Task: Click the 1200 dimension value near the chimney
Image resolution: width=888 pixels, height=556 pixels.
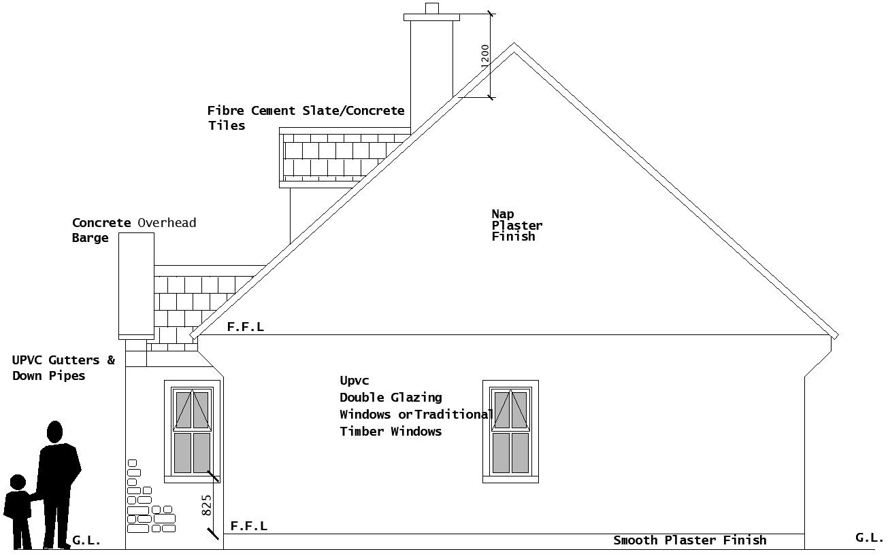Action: pos(484,55)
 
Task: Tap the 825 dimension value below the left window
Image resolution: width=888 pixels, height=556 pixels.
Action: pos(207,504)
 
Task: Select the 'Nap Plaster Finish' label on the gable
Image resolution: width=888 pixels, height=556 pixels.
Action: pos(516,225)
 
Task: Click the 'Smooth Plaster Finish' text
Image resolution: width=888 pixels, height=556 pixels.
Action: pos(689,540)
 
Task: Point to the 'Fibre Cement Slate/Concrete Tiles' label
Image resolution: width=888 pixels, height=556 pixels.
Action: pos(306,118)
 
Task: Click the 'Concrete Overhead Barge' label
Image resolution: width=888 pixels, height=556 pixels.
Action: pos(133,230)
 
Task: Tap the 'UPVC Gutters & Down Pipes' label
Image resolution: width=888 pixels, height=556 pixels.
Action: pos(63,368)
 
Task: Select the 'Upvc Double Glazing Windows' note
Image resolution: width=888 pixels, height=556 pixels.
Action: pos(415,406)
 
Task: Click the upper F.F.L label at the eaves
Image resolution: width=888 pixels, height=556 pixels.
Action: pos(245,327)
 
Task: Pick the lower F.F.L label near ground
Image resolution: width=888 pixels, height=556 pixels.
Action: pos(248,526)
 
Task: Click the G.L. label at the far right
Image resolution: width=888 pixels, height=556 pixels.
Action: pos(869,538)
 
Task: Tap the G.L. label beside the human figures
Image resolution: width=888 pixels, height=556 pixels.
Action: pos(86,541)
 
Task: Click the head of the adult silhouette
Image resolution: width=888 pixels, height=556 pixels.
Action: pos(55,432)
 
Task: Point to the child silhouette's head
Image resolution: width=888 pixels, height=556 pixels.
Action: pos(18,483)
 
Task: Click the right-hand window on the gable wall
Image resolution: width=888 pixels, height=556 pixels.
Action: pos(510,432)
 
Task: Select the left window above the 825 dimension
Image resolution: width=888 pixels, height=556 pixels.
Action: pos(192,431)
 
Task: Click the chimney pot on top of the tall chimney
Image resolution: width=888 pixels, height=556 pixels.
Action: pos(432,8)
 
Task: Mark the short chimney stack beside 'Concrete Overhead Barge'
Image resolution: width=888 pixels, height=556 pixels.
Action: pos(136,285)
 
